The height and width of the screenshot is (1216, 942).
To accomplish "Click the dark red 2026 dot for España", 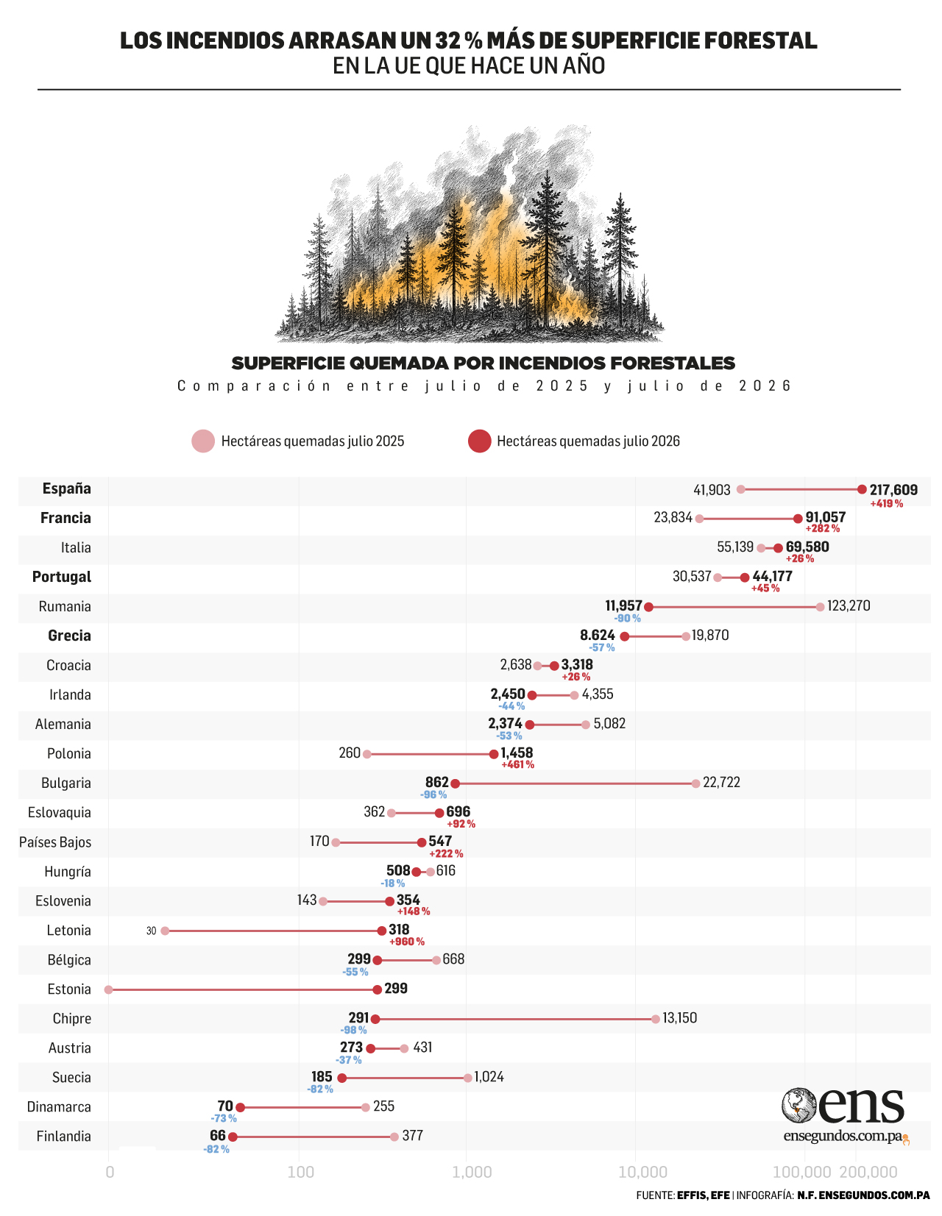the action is point(862,489).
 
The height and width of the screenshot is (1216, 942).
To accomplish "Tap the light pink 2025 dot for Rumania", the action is point(820,607).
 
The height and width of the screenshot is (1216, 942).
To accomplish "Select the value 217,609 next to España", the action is point(893,490).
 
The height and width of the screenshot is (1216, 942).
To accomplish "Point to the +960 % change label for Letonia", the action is point(407,941).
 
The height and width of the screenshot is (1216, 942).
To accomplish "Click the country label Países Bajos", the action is point(55,842).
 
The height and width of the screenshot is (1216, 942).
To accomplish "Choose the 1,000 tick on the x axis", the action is point(472,1171).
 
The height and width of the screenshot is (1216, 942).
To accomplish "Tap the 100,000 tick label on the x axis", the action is point(801,1171).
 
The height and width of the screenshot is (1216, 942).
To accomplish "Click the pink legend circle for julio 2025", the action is point(203,441).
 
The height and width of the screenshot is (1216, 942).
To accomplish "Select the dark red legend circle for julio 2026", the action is point(480,441).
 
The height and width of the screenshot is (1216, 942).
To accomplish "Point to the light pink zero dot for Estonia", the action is point(109,990).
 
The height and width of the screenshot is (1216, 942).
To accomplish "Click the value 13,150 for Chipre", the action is point(679,1018).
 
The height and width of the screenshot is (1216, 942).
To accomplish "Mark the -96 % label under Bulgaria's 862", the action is point(433,794).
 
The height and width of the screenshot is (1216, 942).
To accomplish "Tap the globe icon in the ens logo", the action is point(799,1105).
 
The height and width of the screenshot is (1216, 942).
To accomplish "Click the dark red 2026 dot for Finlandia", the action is point(233,1137).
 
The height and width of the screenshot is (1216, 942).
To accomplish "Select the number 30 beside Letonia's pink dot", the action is point(151,931).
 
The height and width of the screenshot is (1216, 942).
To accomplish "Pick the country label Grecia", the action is point(69,635).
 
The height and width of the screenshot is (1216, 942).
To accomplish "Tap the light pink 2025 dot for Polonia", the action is point(366,754).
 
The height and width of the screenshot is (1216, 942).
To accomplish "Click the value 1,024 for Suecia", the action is point(489,1077).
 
